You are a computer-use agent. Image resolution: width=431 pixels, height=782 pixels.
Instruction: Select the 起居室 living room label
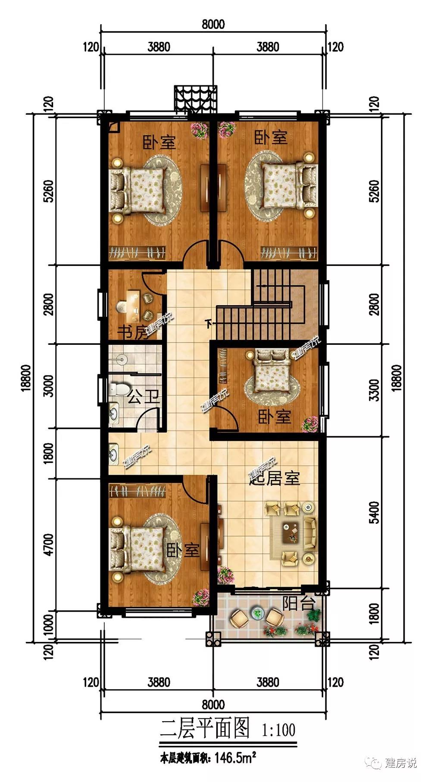coord(275,478)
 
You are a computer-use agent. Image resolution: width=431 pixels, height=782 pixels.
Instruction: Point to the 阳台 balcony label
coord(299,604)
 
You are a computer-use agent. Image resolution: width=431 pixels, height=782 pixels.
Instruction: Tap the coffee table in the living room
coord(292,531)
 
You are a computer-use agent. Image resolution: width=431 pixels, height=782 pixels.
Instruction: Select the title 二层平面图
coord(205,728)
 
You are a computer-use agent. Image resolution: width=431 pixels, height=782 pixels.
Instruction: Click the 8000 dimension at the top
coord(213,24)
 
